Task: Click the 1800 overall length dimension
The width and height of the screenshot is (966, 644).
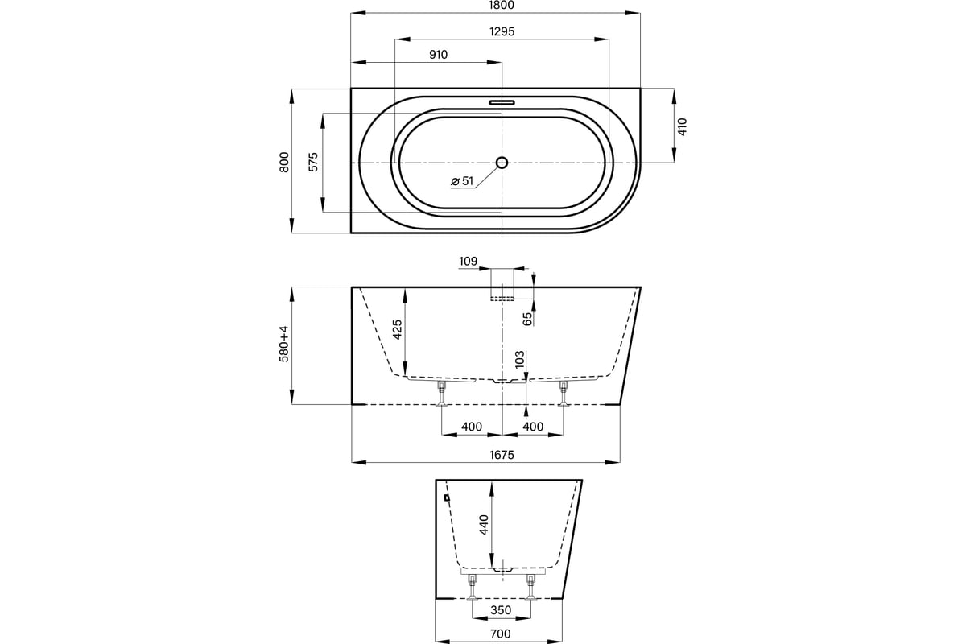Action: (x=502, y=5)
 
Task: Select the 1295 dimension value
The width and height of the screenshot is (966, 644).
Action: (x=502, y=31)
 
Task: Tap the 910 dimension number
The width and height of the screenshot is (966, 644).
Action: (x=438, y=55)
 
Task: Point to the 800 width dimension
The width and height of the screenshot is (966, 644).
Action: (x=284, y=162)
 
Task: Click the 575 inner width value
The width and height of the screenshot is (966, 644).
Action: (x=313, y=162)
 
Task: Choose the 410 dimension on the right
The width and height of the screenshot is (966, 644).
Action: (x=683, y=127)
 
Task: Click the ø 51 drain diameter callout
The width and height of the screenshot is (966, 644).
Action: (x=462, y=181)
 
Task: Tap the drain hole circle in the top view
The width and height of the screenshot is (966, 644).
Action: (x=502, y=163)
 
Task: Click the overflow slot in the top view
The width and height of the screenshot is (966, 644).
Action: (x=502, y=103)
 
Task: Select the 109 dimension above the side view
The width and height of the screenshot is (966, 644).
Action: (x=468, y=262)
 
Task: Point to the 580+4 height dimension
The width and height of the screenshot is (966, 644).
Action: (x=284, y=344)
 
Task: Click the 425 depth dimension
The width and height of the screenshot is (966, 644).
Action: (x=397, y=329)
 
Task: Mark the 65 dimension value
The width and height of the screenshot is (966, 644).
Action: (x=527, y=320)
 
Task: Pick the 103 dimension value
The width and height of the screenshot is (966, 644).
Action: (x=520, y=359)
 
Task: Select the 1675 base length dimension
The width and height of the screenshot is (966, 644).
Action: (x=502, y=455)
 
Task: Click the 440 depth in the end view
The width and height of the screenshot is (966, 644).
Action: (x=484, y=525)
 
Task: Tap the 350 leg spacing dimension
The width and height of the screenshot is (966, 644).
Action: (x=501, y=610)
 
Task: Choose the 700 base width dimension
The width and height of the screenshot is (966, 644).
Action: (x=501, y=634)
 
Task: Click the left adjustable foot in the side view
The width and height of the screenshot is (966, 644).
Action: (x=441, y=394)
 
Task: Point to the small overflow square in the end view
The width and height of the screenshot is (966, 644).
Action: (x=447, y=497)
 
